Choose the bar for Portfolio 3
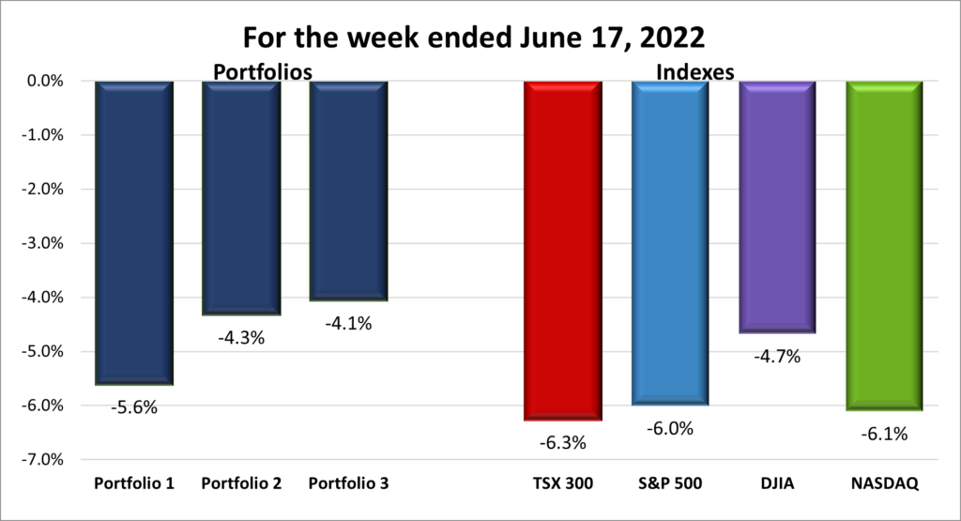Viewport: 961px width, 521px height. click(347, 192)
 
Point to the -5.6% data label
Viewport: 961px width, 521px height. click(133, 407)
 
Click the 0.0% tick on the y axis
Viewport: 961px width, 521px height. click(42, 82)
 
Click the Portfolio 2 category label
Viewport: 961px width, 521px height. click(241, 484)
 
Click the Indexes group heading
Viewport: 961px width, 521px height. click(694, 71)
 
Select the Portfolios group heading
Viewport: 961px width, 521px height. click(262, 71)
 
